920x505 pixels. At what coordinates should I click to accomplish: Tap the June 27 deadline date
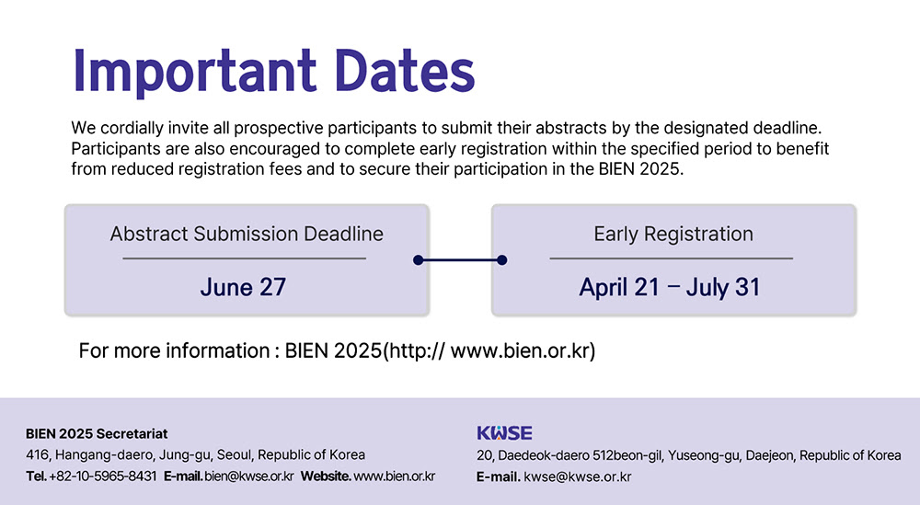243,287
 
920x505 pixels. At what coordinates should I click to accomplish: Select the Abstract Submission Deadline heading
247,234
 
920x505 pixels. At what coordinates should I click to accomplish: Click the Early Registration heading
673,234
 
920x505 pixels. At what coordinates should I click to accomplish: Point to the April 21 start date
619,287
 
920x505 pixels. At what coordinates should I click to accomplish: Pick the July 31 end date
723,287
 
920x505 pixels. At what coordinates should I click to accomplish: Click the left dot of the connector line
418,259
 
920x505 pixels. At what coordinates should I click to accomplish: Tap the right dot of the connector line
501,259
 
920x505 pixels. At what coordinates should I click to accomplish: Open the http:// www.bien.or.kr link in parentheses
489,350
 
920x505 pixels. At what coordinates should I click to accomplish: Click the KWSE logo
504,433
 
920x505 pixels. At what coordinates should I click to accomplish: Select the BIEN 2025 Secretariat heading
97,433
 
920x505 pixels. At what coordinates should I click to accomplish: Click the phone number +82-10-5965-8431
103,476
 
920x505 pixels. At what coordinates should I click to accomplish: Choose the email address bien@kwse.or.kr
248,476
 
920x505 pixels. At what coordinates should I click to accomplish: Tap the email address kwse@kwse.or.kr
578,476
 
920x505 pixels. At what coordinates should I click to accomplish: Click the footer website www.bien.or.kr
395,476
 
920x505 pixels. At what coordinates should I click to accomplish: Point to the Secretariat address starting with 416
195,455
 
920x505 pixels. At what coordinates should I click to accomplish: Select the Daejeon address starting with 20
689,455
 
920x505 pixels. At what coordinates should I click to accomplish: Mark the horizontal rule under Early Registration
672,258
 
